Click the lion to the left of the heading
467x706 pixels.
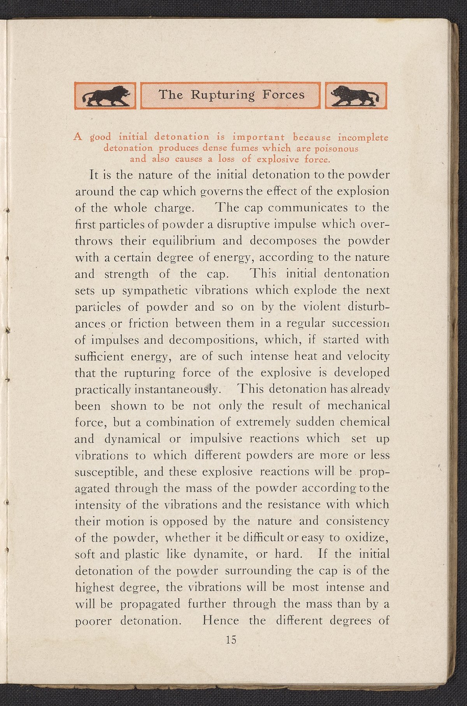click(x=105, y=96)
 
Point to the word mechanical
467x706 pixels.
click(x=358, y=406)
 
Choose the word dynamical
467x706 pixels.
click(x=132, y=439)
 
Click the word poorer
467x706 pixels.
click(x=93, y=621)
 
